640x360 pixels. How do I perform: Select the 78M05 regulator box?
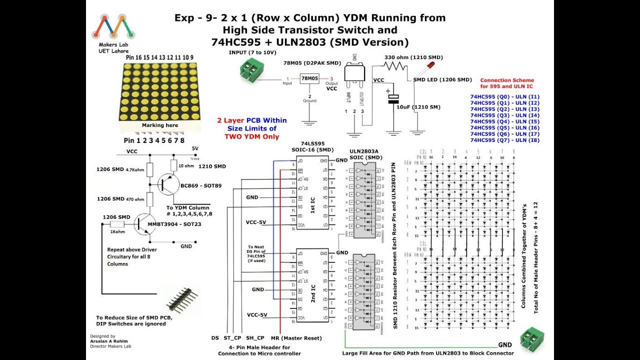(309, 79)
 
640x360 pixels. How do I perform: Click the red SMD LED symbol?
(429, 66)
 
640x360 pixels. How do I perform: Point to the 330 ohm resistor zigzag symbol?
(397, 65)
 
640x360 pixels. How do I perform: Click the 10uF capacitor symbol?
(394, 99)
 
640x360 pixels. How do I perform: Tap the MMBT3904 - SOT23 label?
(174, 224)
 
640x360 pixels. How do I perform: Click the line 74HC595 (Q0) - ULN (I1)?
(505, 96)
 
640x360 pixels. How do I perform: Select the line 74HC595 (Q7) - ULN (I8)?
(505, 140)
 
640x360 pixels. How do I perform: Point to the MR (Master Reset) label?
(296, 338)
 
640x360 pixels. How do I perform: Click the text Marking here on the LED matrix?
(159, 125)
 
